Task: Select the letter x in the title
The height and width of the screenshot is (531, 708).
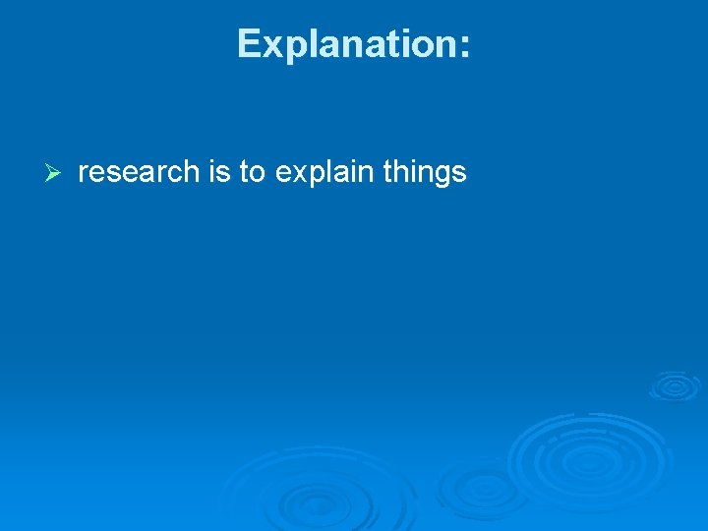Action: point(272,47)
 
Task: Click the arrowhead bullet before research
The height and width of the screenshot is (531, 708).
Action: point(54,173)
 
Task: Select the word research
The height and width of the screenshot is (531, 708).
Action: point(139,172)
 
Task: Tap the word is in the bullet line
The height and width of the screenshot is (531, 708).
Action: point(219,172)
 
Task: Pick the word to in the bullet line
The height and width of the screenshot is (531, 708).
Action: point(253,172)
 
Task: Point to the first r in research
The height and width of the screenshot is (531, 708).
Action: point(83,174)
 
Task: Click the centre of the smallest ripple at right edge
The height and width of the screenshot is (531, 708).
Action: point(675,385)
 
